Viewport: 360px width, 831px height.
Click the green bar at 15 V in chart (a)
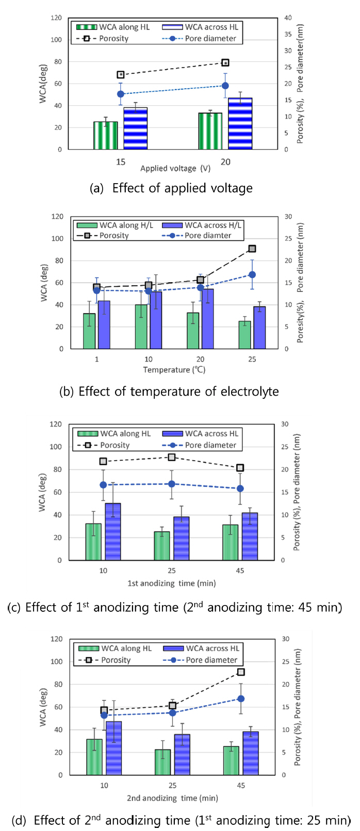click(x=105, y=136)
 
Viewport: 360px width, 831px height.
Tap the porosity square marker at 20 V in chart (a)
click(x=225, y=63)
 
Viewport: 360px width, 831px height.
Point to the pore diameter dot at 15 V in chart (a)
click(x=121, y=94)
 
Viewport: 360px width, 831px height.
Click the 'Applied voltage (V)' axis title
click(x=175, y=169)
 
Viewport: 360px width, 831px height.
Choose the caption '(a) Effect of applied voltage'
click(x=171, y=188)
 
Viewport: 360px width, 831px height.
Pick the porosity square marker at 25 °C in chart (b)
click(x=252, y=249)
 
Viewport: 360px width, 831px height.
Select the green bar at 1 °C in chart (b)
click(x=89, y=331)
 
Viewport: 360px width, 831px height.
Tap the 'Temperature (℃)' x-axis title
click(x=174, y=370)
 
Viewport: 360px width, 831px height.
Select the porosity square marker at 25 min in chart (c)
click(x=172, y=457)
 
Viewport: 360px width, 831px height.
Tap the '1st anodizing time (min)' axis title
click(x=172, y=583)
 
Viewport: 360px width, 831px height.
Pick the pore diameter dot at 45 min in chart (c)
click(x=240, y=488)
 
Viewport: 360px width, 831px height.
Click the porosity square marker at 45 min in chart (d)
click(x=241, y=672)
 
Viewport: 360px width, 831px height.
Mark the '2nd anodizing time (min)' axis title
click(x=172, y=798)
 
